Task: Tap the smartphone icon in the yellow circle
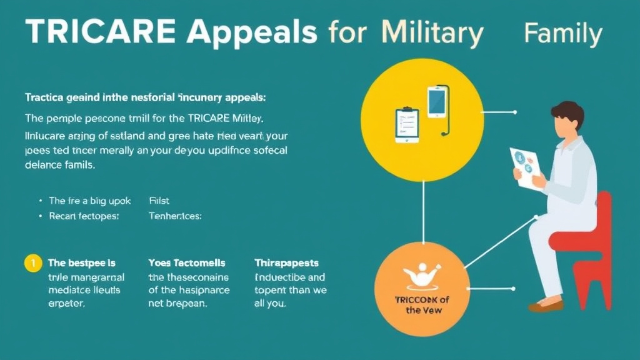(x=437, y=102)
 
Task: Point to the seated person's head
(x=566, y=119)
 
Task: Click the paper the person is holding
(x=525, y=166)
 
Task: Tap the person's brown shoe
(x=545, y=306)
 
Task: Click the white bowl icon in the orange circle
(x=423, y=275)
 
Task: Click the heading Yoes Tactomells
(x=187, y=263)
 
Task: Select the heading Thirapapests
(x=286, y=263)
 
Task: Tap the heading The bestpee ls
(x=81, y=263)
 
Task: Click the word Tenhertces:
(x=175, y=216)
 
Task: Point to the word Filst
(x=159, y=201)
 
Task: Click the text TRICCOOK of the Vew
(x=423, y=304)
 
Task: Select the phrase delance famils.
(x=59, y=166)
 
